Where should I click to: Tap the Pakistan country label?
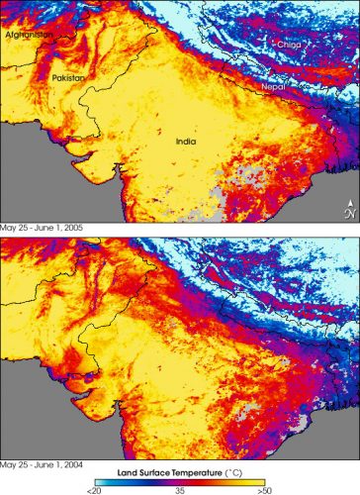[x=68, y=77]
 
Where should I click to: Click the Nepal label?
[x=273, y=86]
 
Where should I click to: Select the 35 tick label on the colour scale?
[x=179, y=489]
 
